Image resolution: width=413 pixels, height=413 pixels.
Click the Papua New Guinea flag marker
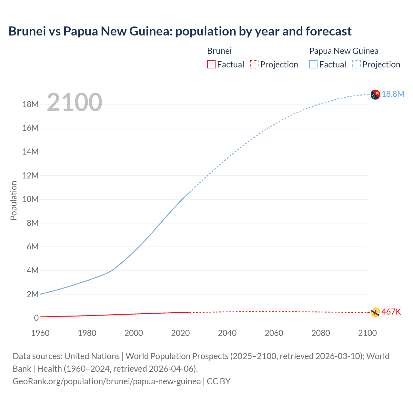(375, 95)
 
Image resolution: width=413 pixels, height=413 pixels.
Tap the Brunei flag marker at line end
(375, 312)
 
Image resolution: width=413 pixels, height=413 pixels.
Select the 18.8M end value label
(393, 94)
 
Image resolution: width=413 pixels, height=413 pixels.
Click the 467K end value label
(391, 312)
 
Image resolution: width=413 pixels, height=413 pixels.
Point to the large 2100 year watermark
(75, 102)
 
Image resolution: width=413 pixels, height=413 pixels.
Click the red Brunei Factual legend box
(211, 64)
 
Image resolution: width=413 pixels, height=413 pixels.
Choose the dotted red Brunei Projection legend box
(254, 64)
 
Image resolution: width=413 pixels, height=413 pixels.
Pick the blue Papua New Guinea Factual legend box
(313, 64)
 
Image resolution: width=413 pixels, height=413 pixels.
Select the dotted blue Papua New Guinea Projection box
(357, 64)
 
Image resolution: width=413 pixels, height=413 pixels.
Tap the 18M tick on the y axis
(30, 104)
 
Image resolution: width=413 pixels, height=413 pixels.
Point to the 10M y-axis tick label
(30, 199)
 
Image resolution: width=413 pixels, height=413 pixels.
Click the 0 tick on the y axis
(36, 318)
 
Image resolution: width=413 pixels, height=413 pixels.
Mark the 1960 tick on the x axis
(40, 333)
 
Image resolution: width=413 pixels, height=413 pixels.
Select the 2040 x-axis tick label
(227, 333)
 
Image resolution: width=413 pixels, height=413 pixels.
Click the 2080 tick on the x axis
(321, 333)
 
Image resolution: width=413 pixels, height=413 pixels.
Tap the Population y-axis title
(14, 200)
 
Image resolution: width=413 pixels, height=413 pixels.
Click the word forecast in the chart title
(328, 31)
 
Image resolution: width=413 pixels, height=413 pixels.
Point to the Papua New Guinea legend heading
(344, 51)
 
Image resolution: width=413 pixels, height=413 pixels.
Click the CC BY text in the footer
(218, 381)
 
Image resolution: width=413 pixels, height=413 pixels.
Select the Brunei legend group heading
(219, 51)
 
